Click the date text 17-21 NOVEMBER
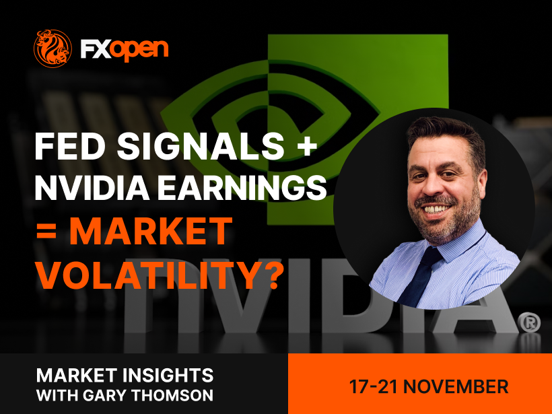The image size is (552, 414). point(428,386)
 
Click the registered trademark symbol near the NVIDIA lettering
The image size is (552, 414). point(528,322)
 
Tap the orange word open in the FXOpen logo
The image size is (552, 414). point(140,50)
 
